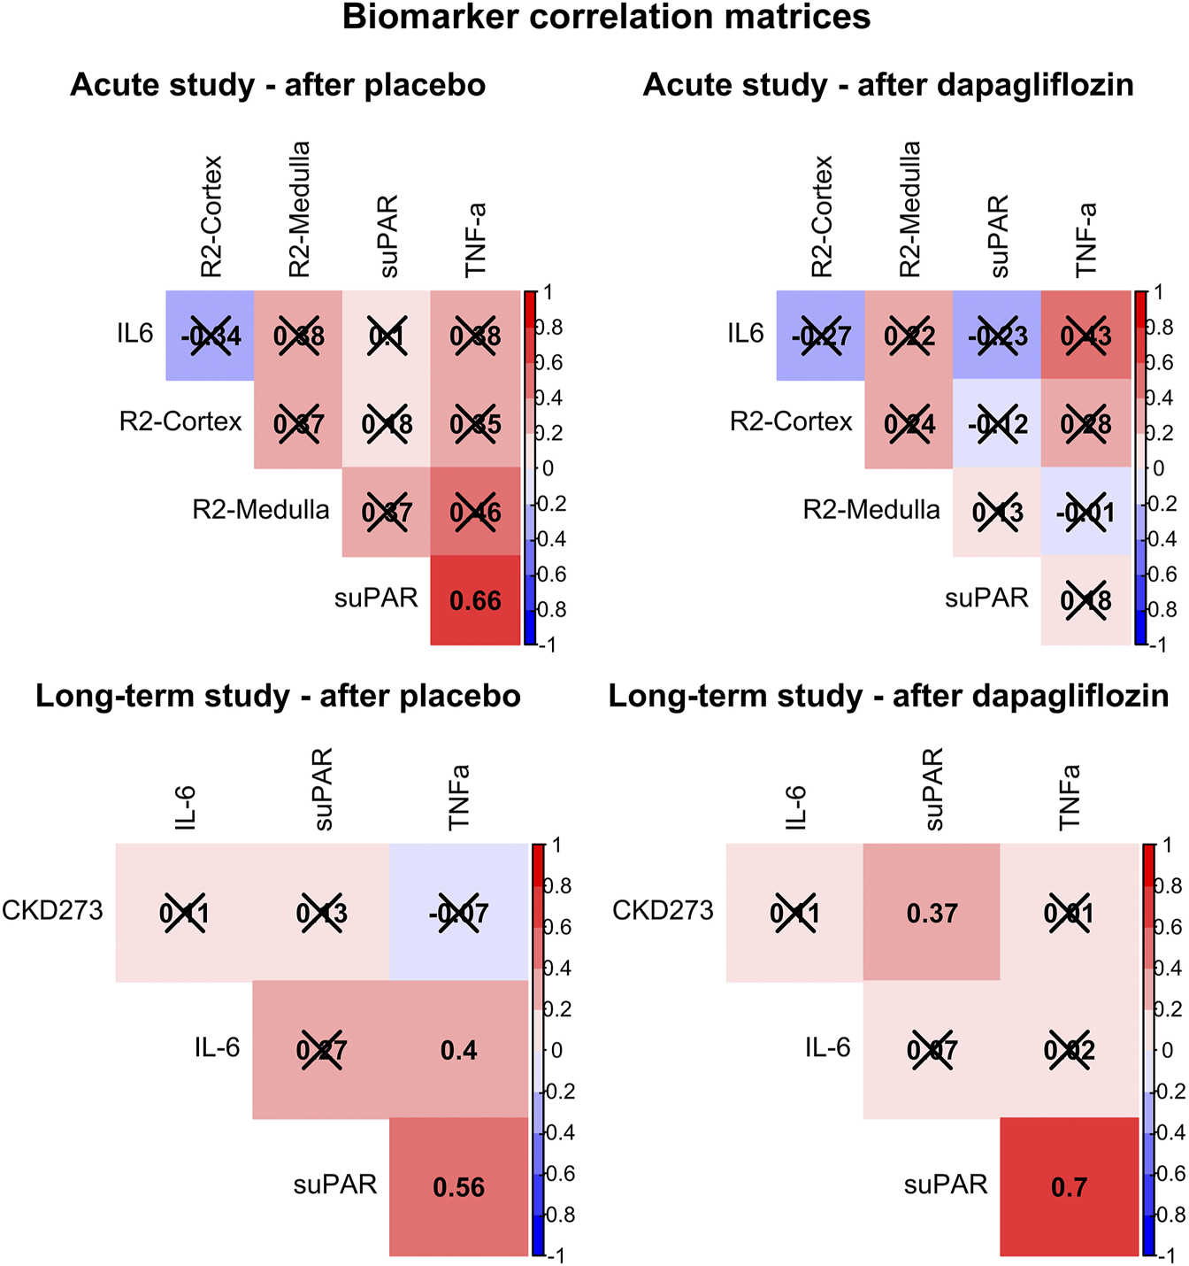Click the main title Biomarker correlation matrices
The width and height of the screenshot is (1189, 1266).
pyautogui.click(x=606, y=18)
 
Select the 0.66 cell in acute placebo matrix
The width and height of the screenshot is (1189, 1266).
pyautogui.click(x=475, y=601)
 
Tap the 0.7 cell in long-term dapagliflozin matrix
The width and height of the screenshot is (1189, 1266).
pyautogui.click(x=1069, y=1187)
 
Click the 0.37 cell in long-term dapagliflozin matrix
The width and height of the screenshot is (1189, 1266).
pyautogui.click(x=932, y=913)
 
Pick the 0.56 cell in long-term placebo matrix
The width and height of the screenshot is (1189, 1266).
pyautogui.click(x=458, y=1187)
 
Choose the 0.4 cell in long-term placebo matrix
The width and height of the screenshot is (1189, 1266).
pyautogui.click(x=458, y=1050)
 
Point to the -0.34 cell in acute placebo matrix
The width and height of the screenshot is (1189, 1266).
pyautogui.click(x=211, y=336)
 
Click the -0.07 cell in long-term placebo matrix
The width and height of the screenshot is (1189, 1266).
pyautogui.click(x=458, y=913)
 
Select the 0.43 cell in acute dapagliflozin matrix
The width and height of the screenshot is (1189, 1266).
pyautogui.click(x=1085, y=336)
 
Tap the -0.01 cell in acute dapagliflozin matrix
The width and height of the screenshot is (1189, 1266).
pyautogui.click(x=1085, y=513)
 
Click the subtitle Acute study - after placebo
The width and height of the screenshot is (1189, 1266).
pyautogui.click(x=278, y=85)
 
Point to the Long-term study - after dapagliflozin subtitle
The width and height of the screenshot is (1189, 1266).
pyautogui.click(x=888, y=697)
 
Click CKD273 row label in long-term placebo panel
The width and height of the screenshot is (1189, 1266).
pyautogui.click(x=53, y=909)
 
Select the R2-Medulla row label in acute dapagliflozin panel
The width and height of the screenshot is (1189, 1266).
pyautogui.click(x=871, y=510)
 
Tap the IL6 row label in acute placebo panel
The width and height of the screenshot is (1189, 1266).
pyautogui.click(x=134, y=334)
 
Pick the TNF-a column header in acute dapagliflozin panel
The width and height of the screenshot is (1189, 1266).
pyautogui.click(x=1086, y=240)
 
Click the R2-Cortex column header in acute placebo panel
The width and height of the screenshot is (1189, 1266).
pyautogui.click(x=211, y=216)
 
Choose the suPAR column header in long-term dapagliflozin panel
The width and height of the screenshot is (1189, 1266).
pyautogui.click(x=933, y=789)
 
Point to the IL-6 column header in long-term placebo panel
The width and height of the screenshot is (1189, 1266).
pyautogui.click(x=186, y=807)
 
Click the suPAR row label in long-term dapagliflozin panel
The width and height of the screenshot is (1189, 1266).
pyautogui.click(x=945, y=1185)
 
